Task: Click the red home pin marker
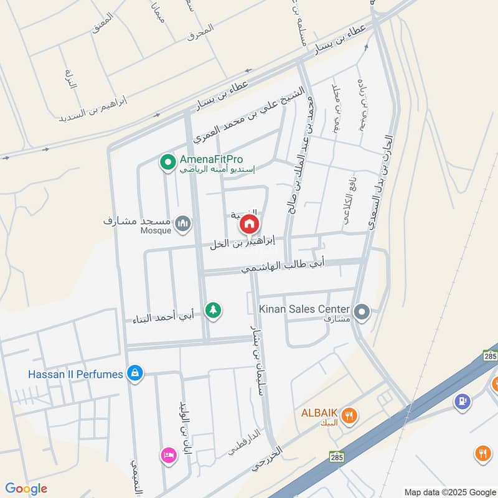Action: tap(249, 225)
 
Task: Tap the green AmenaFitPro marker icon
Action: tap(167, 163)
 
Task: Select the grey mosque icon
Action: tap(182, 223)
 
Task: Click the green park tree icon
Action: tap(214, 309)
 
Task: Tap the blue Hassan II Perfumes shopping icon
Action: tap(134, 374)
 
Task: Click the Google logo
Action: tap(26, 489)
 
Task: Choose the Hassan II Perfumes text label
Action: tap(75, 374)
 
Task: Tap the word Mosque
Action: tap(155, 231)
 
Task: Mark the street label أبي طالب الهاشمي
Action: tap(283, 266)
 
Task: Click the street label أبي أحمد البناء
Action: tap(164, 317)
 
